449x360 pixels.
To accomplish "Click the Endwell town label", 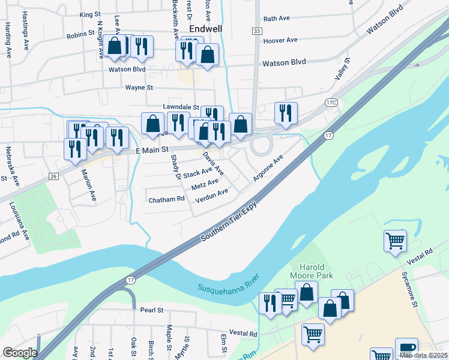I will point(206,28).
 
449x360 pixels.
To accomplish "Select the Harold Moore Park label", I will point(312,271).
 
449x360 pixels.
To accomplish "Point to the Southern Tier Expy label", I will point(229,221).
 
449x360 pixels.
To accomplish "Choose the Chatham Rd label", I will point(166,199).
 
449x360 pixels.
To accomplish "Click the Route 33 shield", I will point(257,31).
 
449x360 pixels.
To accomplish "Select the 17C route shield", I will point(331,103).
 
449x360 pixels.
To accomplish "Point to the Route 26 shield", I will point(53,176).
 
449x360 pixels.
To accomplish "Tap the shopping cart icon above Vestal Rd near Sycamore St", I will point(395,241).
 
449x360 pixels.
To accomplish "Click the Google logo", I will point(19,353).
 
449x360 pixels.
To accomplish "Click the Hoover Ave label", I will point(280,40).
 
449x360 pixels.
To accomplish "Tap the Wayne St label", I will point(139,88).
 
